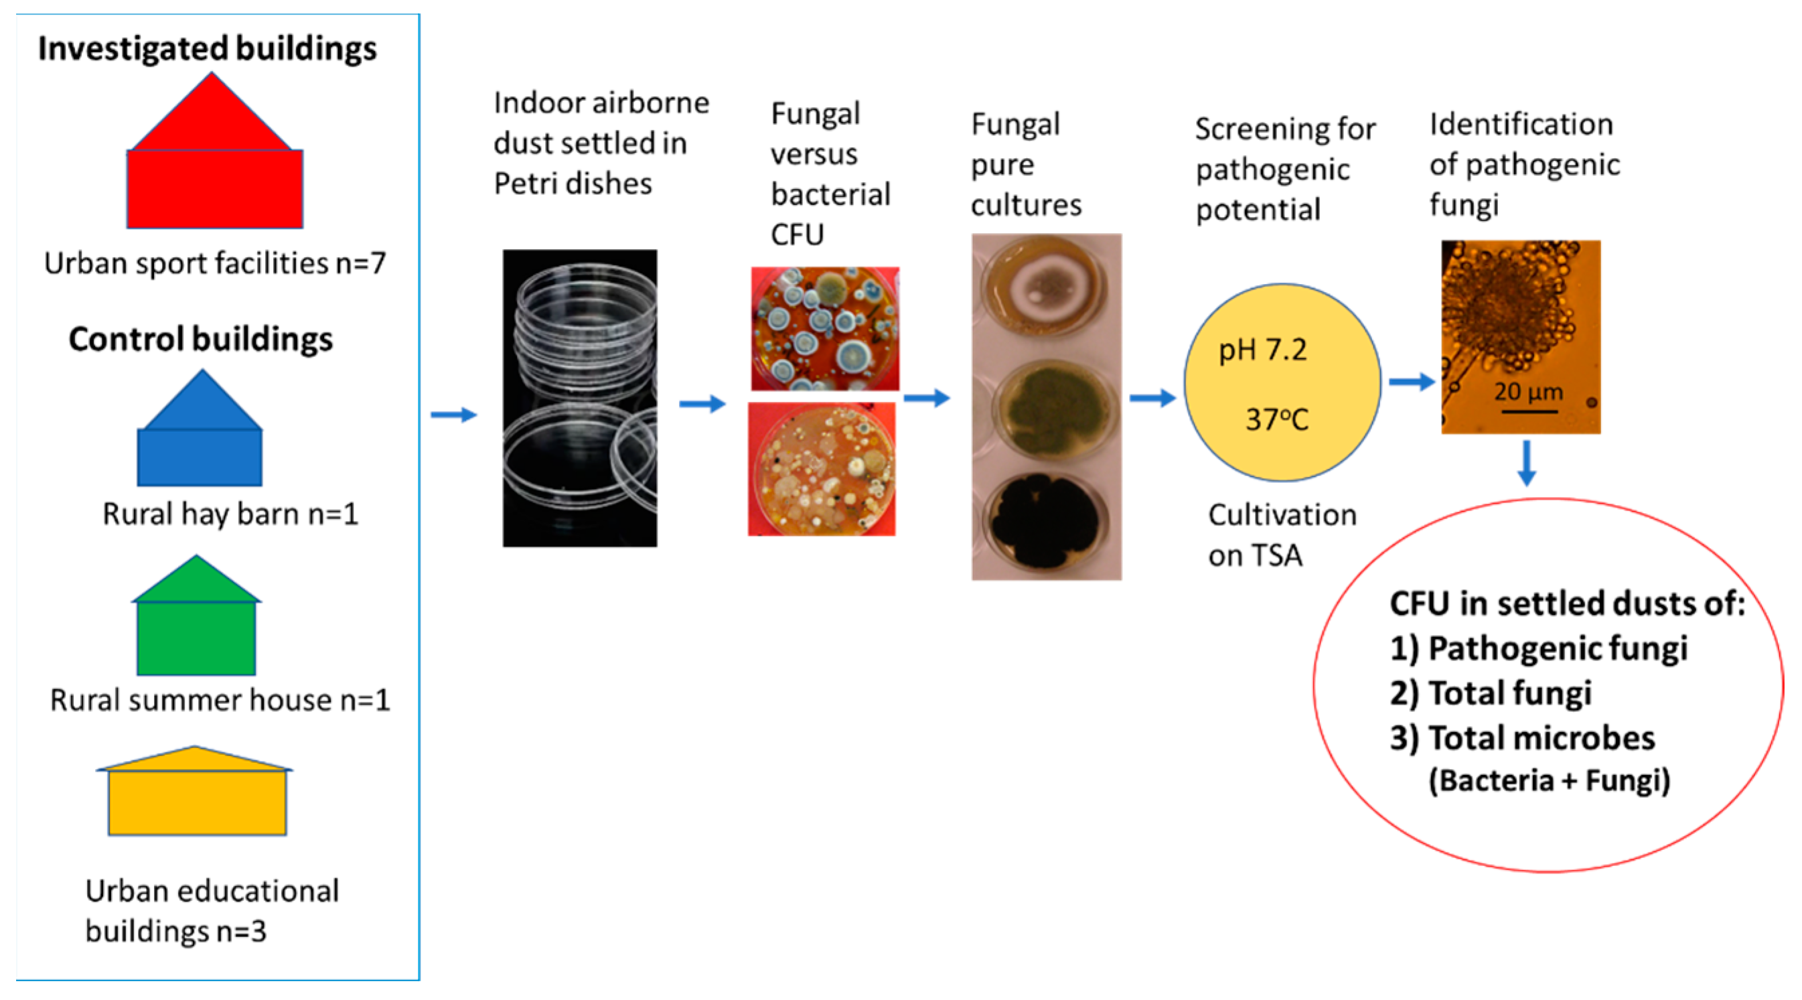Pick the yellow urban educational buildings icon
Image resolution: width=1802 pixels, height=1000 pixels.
[x=197, y=798]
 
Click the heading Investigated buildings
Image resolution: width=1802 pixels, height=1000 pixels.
[x=207, y=49]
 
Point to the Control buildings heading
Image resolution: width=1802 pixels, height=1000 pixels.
[x=201, y=340]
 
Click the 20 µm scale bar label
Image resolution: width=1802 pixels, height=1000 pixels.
[x=1529, y=392]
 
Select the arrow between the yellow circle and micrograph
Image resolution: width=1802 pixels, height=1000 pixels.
[x=1411, y=382]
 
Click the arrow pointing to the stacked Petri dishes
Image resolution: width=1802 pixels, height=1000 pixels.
[x=453, y=415]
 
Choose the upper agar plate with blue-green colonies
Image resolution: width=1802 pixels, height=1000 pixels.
[x=824, y=329]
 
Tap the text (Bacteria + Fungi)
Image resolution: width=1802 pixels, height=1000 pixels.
[x=1549, y=781]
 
